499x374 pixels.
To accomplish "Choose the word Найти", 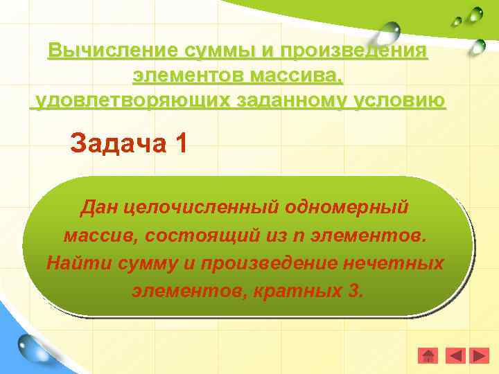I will (71, 263).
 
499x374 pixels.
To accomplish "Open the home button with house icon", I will (429, 356).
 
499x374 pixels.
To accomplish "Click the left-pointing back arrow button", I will (455, 356).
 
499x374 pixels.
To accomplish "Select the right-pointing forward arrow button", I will (480, 356).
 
